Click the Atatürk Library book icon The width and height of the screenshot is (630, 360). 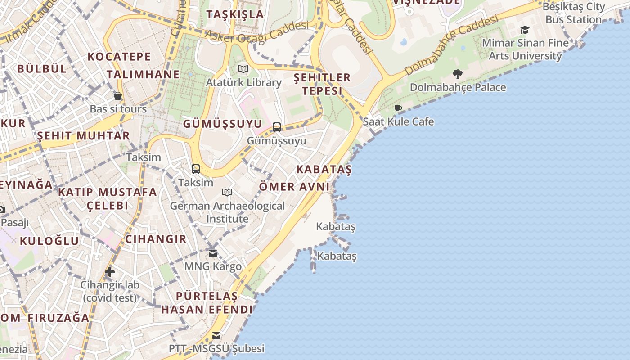pos(243,69)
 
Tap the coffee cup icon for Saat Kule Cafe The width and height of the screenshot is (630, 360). pos(398,108)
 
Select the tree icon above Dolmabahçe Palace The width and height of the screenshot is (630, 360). pos(458,74)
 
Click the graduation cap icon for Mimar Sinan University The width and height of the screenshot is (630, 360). pos(525,30)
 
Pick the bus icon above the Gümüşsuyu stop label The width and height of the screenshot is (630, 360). pos(277,127)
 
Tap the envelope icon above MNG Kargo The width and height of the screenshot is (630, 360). pos(213,253)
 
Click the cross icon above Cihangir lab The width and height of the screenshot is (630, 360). pos(110,272)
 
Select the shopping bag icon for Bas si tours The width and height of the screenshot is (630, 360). pos(118,96)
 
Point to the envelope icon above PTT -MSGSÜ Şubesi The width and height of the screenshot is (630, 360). pos(216,335)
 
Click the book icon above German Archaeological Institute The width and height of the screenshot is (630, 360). pos(227,193)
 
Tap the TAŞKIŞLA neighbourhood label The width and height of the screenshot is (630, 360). pos(235,14)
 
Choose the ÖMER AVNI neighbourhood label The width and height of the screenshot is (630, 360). pos(294,187)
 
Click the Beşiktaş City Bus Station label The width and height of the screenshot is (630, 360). pos(573,13)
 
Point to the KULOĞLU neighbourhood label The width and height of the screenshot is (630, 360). pos(49,241)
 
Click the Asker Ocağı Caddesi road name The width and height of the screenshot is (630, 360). pos(257,31)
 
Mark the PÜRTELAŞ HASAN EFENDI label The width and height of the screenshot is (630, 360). pos(207,303)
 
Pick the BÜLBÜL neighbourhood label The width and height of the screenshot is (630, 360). pos(42,69)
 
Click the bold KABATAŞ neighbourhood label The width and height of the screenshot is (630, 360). pos(324,170)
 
